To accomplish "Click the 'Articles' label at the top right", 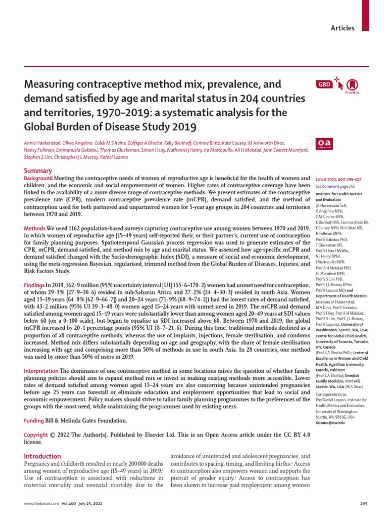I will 342,28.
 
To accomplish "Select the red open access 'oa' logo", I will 322,144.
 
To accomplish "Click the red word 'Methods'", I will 35,229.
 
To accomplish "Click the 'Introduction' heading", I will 42,456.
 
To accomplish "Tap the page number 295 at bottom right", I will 363,504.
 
